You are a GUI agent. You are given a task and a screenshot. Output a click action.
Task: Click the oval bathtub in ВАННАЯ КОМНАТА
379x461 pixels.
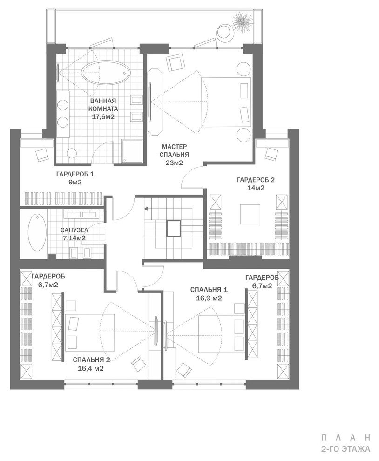(106, 73)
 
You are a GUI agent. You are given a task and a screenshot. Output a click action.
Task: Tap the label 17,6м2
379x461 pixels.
(103, 117)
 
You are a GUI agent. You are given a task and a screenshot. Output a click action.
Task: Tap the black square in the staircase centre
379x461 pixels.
(174, 228)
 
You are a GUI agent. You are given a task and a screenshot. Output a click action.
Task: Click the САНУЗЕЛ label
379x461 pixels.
(74, 230)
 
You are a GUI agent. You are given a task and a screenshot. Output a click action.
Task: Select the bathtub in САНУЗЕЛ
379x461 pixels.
(36, 232)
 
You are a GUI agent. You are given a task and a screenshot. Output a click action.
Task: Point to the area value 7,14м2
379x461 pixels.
(74, 238)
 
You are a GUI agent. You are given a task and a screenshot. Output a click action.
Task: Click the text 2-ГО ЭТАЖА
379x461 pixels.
(345, 449)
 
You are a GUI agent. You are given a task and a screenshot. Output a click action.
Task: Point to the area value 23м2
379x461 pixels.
(173, 163)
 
